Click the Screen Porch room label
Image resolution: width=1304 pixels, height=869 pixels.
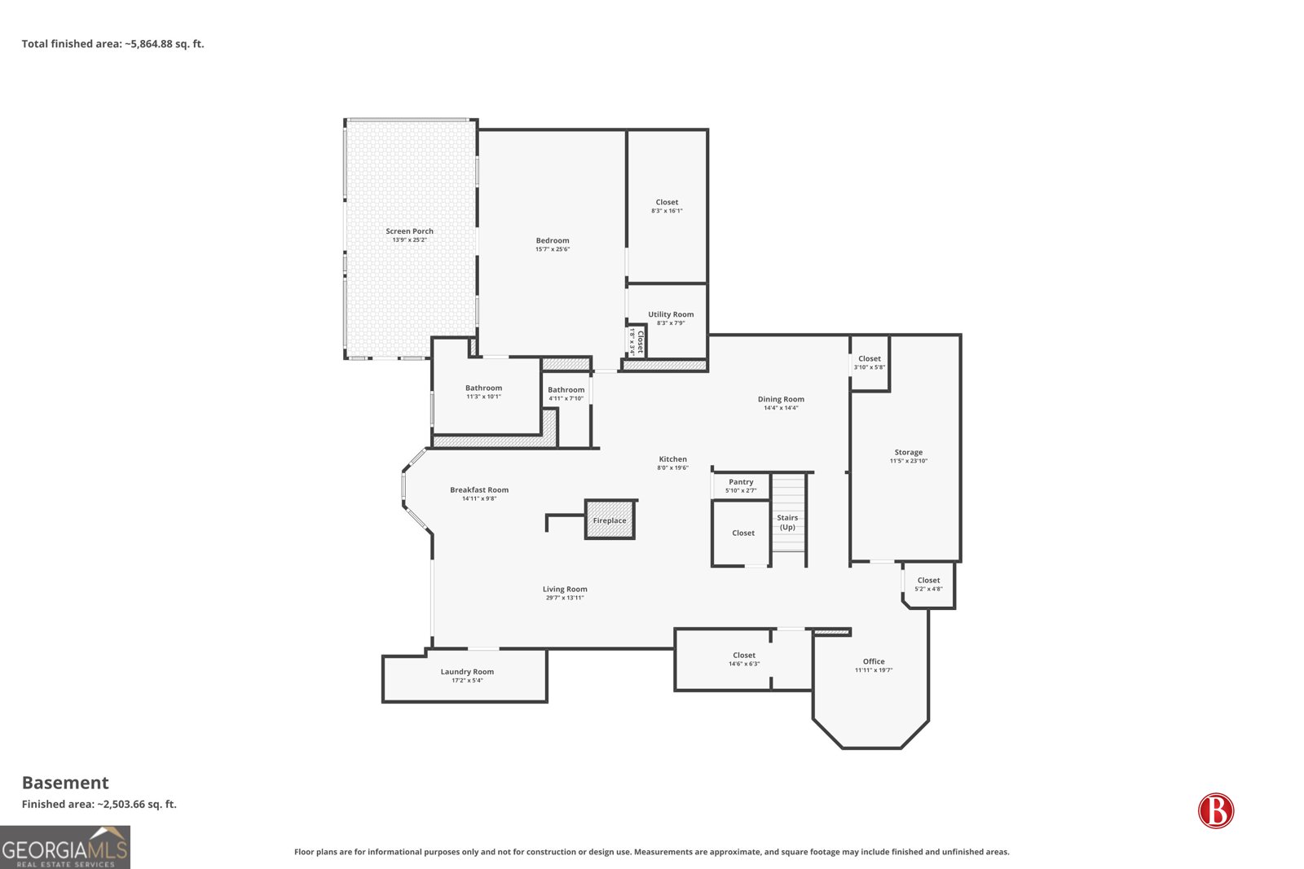tap(409, 231)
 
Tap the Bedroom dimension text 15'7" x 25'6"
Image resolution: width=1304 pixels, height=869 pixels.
tap(553, 249)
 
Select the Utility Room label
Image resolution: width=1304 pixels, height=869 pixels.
tap(671, 314)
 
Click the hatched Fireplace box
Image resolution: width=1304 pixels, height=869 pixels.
tap(610, 520)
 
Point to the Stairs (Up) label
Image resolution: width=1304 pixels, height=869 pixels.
tap(787, 522)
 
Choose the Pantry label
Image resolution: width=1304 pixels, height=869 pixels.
tap(741, 481)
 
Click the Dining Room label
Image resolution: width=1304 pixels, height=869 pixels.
tap(781, 399)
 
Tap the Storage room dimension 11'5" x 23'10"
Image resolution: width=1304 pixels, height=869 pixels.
tap(908, 461)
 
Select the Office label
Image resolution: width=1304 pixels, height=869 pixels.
tap(873, 661)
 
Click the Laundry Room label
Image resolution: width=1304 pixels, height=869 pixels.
tap(467, 672)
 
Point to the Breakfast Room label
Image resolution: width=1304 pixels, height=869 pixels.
tap(479, 489)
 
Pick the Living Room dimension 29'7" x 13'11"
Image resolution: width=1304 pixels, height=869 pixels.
tap(565, 597)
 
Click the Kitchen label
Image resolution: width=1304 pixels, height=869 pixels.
tap(672, 459)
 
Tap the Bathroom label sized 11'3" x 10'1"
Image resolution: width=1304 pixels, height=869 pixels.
tap(483, 388)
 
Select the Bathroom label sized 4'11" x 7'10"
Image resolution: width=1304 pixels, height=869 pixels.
tap(566, 390)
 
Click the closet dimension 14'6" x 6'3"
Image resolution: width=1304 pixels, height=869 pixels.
tap(744, 664)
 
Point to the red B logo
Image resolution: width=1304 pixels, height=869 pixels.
tap(1216, 810)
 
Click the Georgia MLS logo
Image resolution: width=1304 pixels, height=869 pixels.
tap(64, 847)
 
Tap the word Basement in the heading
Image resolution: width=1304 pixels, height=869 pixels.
tap(65, 783)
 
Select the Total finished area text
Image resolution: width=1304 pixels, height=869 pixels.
tap(113, 44)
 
